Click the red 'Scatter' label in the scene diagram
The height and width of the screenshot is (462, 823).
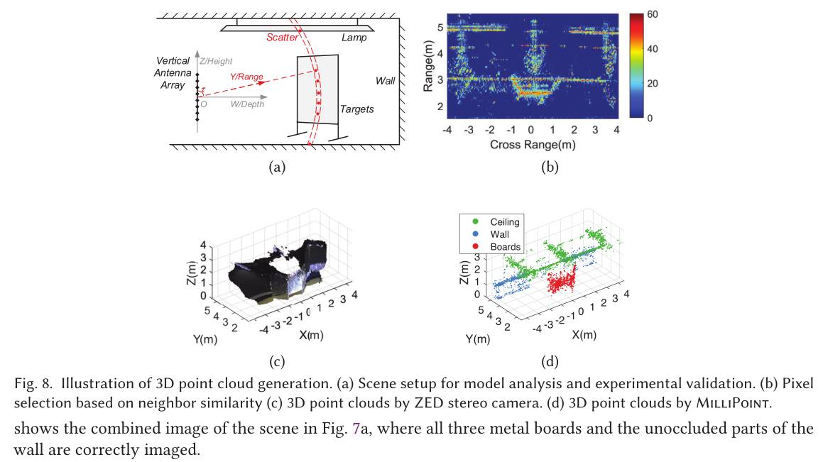point(282,38)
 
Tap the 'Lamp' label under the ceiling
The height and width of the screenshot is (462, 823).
point(354,38)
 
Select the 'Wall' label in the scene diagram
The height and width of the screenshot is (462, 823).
point(386,81)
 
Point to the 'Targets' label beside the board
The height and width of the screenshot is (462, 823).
point(356,109)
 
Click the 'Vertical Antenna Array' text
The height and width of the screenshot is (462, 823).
point(173,73)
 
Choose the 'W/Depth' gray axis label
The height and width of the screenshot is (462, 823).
point(246,104)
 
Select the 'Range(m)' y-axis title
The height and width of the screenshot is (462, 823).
point(428,65)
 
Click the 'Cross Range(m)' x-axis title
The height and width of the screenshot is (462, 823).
point(532,145)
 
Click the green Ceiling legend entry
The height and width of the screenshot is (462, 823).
point(496,222)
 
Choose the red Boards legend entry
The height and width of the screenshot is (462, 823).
point(497,246)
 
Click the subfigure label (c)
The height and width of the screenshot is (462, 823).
point(276,362)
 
